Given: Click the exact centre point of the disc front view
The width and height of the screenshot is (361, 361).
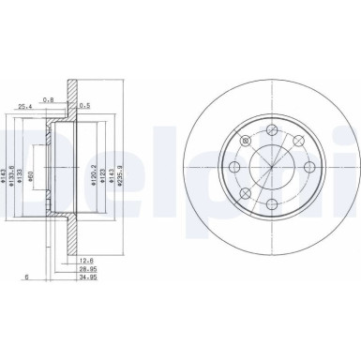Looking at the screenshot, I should [268, 170].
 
